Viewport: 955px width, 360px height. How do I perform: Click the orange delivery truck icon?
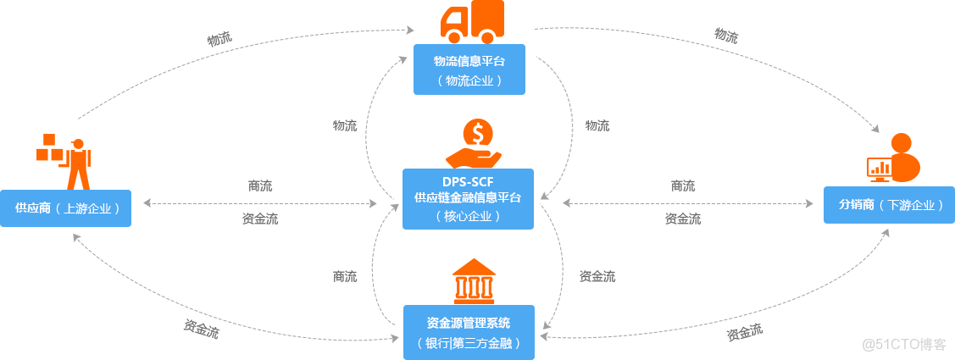(471, 22)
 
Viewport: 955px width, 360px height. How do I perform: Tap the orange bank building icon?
(474, 281)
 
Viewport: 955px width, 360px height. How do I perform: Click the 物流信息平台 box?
(469, 69)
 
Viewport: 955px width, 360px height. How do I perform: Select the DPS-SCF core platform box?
(468, 198)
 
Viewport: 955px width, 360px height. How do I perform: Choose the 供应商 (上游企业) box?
(66, 208)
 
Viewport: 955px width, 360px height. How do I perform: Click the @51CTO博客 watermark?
(903, 343)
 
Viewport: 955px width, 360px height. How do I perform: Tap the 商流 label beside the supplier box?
(260, 186)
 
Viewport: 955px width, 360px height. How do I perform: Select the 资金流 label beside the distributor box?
(682, 219)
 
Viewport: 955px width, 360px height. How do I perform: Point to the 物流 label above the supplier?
(219, 39)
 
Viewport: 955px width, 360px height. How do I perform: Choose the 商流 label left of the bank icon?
(345, 276)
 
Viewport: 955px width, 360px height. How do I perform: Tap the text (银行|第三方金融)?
(469, 343)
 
